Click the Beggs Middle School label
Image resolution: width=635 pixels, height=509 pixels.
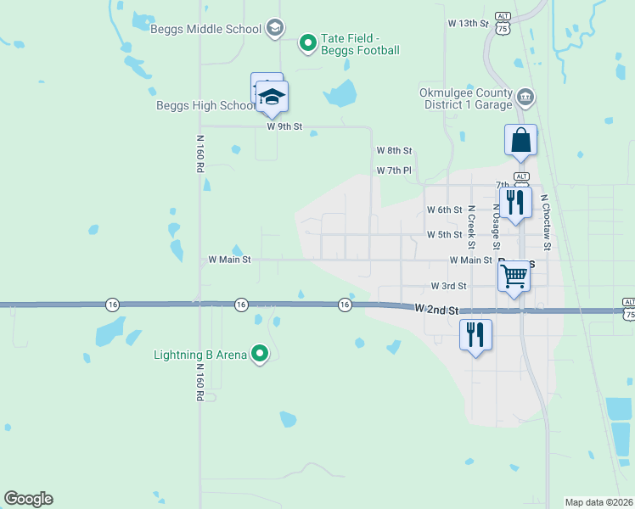pyautogui.click(x=205, y=29)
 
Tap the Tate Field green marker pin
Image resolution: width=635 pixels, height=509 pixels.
pyautogui.click(x=308, y=41)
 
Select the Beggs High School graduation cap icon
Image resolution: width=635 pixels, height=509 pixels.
pyautogui.click(x=272, y=98)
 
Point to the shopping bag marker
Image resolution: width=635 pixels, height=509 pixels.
pyautogui.click(x=520, y=140)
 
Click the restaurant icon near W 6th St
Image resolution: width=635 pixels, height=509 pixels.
pyautogui.click(x=514, y=202)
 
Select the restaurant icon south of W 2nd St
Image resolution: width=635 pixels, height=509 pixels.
pyautogui.click(x=475, y=333)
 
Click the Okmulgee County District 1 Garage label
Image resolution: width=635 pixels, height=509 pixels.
pyautogui.click(x=466, y=99)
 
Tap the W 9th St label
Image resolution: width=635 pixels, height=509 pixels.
pyautogui.click(x=284, y=126)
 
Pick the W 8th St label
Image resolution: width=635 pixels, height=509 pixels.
pyautogui.click(x=394, y=150)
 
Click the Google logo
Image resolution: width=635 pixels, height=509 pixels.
pyautogui.click(x=28, y=499)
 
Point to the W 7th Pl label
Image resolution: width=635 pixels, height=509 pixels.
pyautogui.click(x=394, y=171)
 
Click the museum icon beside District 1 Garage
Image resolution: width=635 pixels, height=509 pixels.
pyautogui.click(x=525, y=99)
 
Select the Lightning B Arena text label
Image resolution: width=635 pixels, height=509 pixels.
pyautogui.click(x=200, y=354)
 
